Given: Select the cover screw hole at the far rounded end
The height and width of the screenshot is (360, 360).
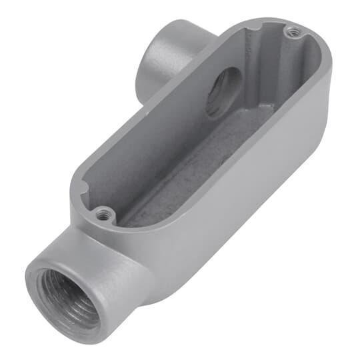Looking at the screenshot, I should [x=289, y=29].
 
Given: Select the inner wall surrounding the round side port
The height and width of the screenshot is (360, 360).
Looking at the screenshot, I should [x=200, y=107].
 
